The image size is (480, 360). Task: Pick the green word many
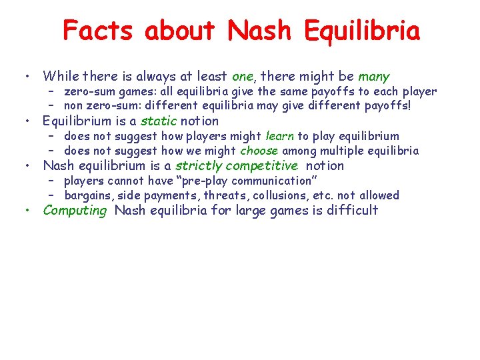pyautogui.click(x=374, y=77)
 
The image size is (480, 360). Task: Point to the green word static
pyautogui.click(x=158, y=121)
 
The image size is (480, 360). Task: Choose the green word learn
pyautogui.click(x=280, y=136)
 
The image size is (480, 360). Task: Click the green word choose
pyautogui.click(x=259, y=151)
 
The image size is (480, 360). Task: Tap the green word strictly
pyautogui.click(x=198, y=165)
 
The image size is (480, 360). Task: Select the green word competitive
pyautogui.click(x=262, y=165)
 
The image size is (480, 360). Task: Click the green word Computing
pyautogui.click(x=75, y=211)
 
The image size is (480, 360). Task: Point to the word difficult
pyautogui.click(x=352, y=211)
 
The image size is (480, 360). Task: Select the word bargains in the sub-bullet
pyautogui.click(x=89, y=195)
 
